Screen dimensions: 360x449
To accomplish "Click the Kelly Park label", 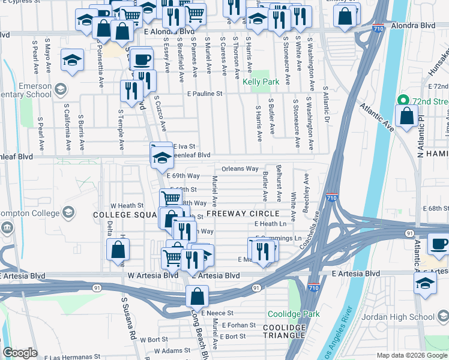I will point(261,81).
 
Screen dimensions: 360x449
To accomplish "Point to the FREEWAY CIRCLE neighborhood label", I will point(243,214).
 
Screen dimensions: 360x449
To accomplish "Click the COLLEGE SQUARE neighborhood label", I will point(124,214).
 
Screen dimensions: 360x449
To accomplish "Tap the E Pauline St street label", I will point(205,94).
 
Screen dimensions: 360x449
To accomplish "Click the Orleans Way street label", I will point(240,169).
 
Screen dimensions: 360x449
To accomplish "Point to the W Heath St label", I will point(126,205).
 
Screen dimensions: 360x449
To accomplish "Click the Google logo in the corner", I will point(20,353).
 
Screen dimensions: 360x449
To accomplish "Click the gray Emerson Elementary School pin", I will point(59,90).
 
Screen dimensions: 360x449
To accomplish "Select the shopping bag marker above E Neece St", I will point(197,296).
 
